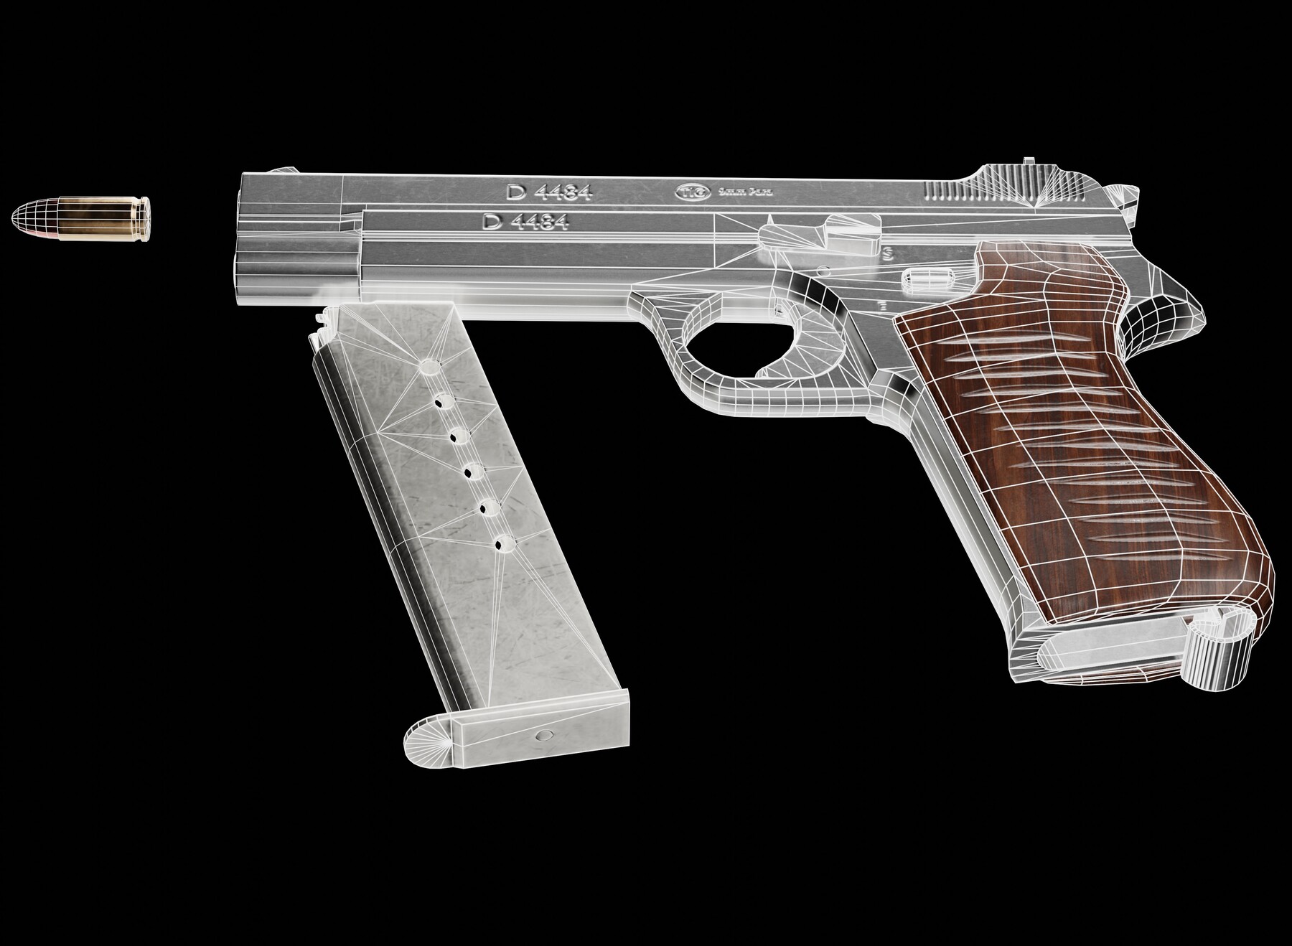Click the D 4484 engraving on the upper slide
(x=548, y=192)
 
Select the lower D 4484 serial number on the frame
(x=526, y=222)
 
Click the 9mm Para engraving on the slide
(x=739, y=192)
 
